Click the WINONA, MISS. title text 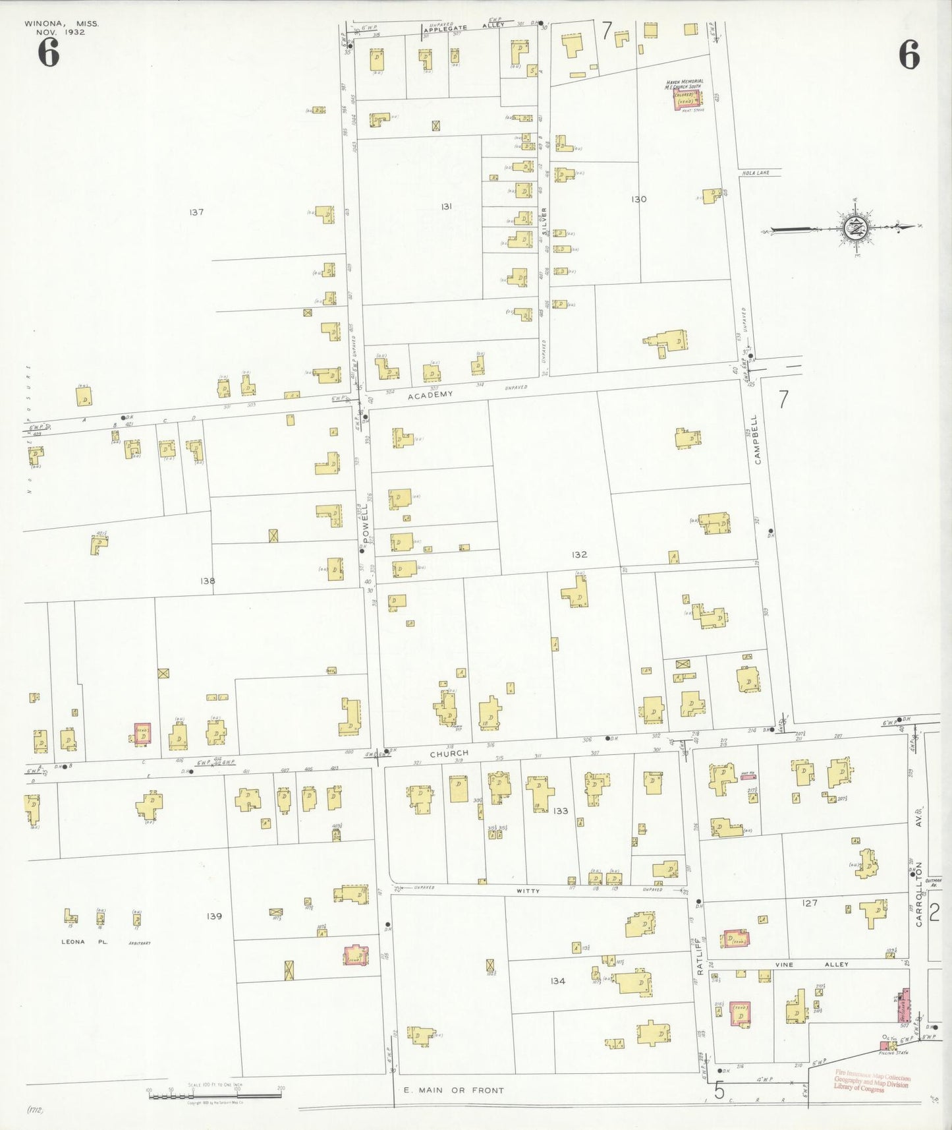[62, 24]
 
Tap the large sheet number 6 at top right [909, 54]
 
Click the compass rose [854, 228]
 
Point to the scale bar [215, 1095]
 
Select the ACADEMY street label [430, 395]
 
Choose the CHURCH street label [449, 753]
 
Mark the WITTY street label [528, 891]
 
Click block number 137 [196, 212]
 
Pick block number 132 [579, 554]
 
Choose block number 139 [214, 916]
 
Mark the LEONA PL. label [84, 942]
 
